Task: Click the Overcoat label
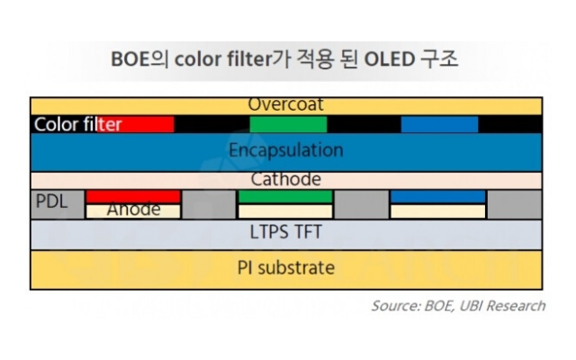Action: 286,104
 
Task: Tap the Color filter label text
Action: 78,124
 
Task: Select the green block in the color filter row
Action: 288,124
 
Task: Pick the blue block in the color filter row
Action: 439,124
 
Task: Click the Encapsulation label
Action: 286,150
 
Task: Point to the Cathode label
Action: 286,179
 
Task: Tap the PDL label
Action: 52,202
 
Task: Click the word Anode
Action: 134,210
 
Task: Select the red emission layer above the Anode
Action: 133,196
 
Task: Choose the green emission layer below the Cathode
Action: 285,196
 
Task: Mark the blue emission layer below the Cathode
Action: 438,196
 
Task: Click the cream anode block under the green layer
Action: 285,211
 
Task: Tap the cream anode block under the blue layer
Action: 438,211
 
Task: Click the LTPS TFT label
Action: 286,232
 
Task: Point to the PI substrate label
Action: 286,268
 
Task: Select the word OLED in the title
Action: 390,59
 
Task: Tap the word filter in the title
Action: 249,59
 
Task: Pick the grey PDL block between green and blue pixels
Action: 362,204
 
